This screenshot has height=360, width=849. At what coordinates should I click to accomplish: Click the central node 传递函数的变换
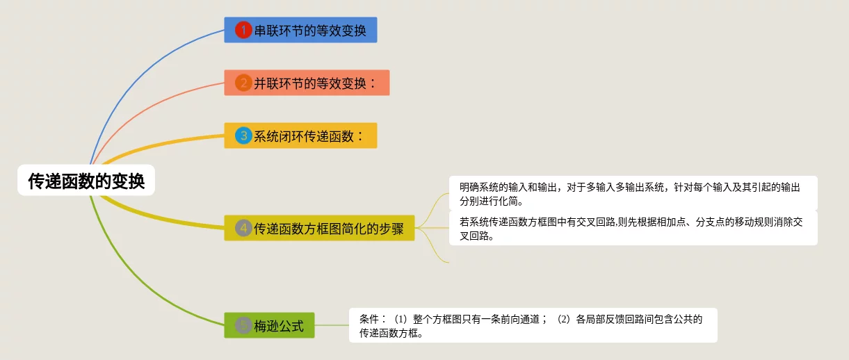click(x=86, y=180)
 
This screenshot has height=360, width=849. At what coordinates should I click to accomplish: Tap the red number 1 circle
click(x=243, y=30)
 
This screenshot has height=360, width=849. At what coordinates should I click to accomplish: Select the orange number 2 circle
click(x=243, y=83)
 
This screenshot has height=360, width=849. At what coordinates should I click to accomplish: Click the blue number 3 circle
click(x=243, y=136)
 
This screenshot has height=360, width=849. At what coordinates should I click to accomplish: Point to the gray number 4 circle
click(x=243, y=228)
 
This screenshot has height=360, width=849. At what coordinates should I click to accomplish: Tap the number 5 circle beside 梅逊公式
click(x=243, y=325)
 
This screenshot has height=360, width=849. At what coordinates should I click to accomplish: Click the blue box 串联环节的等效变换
click(x=300, y=30)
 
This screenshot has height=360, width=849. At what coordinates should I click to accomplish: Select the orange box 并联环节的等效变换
click(x=307, y=83)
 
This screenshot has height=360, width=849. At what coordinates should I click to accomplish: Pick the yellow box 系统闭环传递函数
click(x=300, y=136)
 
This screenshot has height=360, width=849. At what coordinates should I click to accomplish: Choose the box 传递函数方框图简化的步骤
click(x=319, y=228)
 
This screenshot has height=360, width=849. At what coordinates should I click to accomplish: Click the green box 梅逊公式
click(x=269, y=325)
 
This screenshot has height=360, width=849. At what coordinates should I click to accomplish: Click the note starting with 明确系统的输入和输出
click(x=633, y=193)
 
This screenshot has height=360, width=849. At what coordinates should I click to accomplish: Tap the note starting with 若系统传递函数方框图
click(x=633, y=228)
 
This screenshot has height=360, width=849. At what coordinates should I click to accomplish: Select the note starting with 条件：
click(x=533, y=325)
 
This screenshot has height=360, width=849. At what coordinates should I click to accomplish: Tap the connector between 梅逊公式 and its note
click(x=332, y=325)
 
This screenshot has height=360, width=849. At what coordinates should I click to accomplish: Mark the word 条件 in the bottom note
click(x=369, y=320)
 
